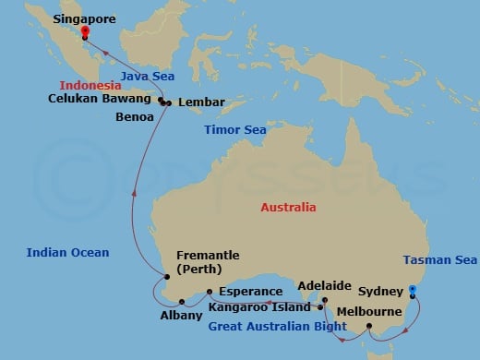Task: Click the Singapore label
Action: coord(88,17)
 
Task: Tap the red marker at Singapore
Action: coord(84,30)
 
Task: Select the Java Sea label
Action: coord(146,77)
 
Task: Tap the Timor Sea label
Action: coord(235,130)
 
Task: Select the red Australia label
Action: coord(289,207)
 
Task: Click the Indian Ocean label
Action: coord(68,252)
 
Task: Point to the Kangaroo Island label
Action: coord(259,306)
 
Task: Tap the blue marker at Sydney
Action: coord(413,291)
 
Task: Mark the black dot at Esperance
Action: coord(210,292)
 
